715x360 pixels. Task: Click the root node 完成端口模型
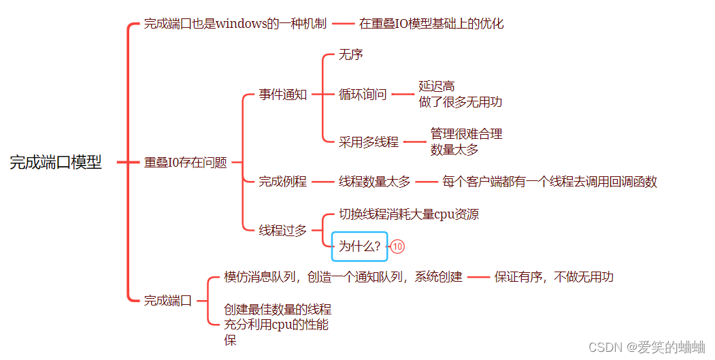[x=56, y=163]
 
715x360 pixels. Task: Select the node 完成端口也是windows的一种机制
[x=235, y=24]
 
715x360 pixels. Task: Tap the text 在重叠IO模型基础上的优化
[x=431, y=24]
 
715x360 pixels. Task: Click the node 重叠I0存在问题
[x=185, y=163]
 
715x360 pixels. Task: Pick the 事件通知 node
[x=283, y=95]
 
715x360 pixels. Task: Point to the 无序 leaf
[x=351, y=54]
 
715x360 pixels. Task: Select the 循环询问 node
[x=363, y=95]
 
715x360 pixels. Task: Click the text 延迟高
[x=437, y=86]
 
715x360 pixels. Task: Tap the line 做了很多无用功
[x=461, y=102]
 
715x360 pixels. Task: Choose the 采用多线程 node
[x=369, y=142]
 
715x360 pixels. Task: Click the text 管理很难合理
[x=467, y=134]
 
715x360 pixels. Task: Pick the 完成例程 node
[x=283, y=182]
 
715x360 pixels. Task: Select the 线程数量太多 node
[x=375, y=182]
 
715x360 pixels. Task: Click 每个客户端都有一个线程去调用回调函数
[x=550, y=182]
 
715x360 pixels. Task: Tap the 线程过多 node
[x=283, y=230]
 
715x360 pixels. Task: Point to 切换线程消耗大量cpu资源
[x=409, y=214]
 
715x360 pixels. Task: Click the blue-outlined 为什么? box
[x=359, y=246]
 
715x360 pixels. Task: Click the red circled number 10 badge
[x=398, y=246]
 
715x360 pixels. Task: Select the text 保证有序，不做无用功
[x=554, y=277]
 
